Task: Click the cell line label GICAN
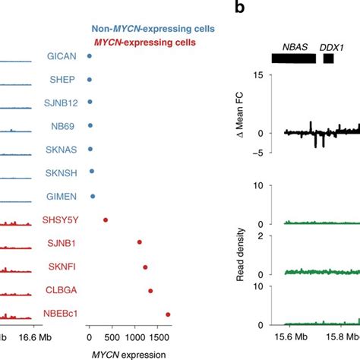click(60, 55)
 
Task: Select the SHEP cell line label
click(62, 79)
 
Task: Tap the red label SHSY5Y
click(58, 219)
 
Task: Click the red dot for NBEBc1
click(168, 314)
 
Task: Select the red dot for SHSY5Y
click(106, 220)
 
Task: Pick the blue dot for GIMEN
click(93, 197)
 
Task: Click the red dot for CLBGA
click(150, 290)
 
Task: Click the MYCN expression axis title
click(128, 352)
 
